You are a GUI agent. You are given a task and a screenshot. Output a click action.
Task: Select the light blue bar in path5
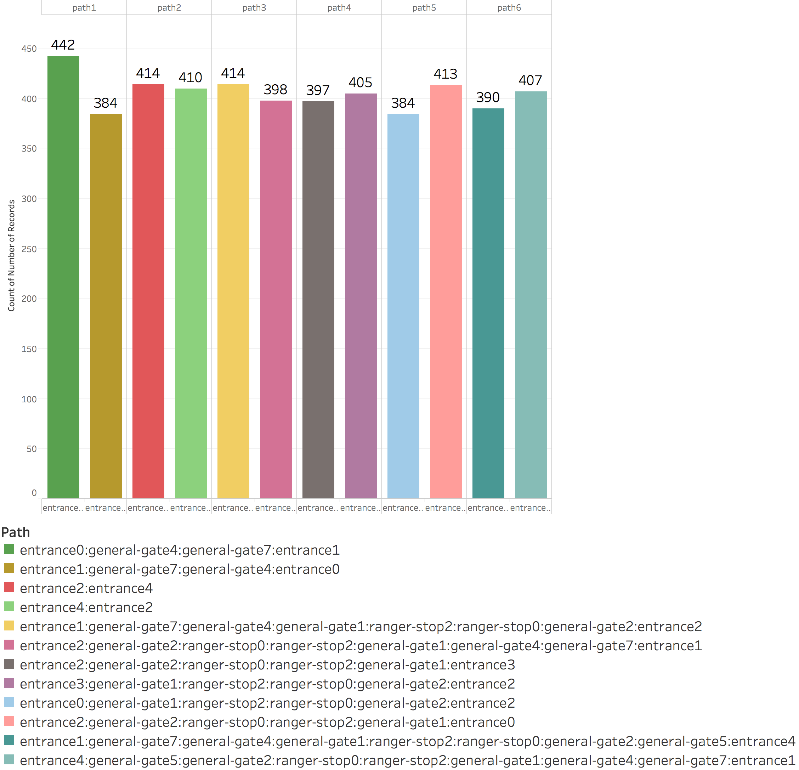point(403,306)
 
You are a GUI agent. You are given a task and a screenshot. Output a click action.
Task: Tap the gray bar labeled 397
point(318,300)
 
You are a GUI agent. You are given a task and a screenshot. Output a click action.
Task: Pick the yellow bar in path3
point(233,291)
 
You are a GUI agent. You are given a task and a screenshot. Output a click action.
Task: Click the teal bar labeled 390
point(488,303)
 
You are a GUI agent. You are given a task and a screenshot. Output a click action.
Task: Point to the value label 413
point(446,74)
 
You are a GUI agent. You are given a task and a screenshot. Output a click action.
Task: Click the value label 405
point(361,83)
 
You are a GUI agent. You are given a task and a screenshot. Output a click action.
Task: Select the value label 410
point(191,78)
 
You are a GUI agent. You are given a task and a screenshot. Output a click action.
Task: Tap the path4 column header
point(339,8)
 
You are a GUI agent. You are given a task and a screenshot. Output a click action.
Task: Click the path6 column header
point(509,8)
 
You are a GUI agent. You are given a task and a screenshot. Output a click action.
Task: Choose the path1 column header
point(84,8)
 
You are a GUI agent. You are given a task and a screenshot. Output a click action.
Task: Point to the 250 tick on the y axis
point(29,249)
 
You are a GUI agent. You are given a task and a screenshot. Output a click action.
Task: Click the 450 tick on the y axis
point(29,49)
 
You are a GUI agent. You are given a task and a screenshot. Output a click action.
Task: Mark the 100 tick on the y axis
point(29,400)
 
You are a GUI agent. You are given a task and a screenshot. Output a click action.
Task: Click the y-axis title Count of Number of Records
point(11,256)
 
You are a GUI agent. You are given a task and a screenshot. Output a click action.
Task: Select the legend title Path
point(16,532)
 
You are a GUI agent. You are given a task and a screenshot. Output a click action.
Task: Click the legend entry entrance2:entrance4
point(86,588)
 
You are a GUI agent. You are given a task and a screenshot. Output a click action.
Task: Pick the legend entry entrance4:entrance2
point(86,607)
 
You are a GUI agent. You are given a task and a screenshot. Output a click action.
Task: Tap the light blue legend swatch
point(9,702)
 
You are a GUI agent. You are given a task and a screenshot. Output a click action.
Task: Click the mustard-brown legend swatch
point(9,568)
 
